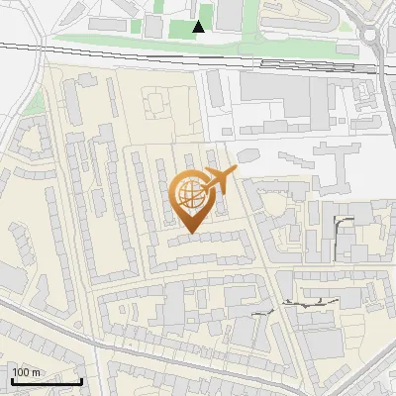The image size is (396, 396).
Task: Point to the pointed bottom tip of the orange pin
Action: coord(190,233)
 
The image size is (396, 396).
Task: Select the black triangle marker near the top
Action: coord(199,27)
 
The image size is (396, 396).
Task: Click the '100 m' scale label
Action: coord(27,372)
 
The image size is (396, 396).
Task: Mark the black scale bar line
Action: coord(47,381)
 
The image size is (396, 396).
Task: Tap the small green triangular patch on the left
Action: coord(33,102)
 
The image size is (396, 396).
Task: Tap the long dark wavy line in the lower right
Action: coord(297,305)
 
